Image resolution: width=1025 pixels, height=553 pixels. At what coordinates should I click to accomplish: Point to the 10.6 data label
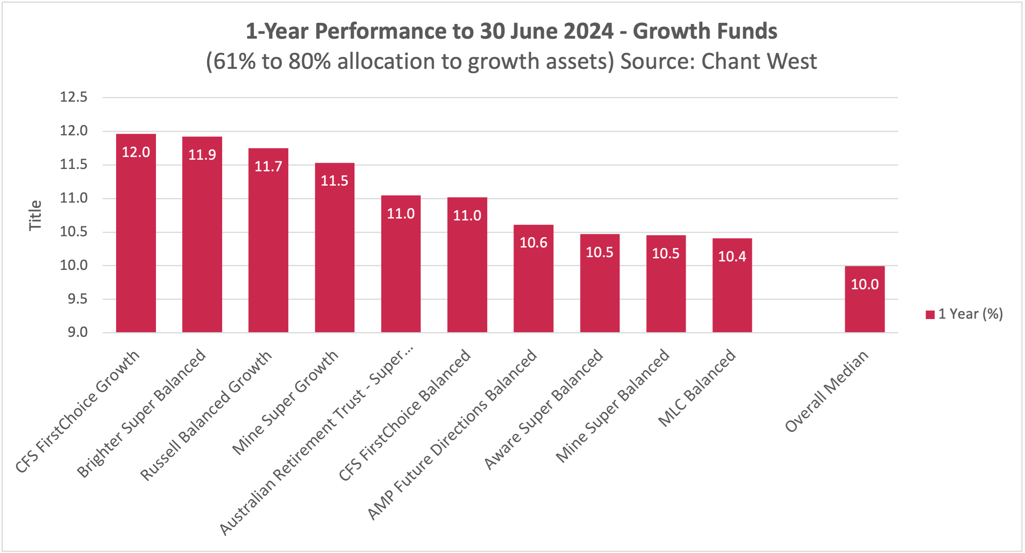[533, 242]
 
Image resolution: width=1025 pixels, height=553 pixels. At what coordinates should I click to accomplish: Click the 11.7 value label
[268, 166]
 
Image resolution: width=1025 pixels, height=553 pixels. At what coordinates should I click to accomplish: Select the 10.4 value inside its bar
[732, 256]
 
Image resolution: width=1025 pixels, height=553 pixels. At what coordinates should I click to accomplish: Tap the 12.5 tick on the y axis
[74, 97]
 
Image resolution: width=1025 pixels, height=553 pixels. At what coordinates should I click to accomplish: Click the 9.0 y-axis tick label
[77, 332]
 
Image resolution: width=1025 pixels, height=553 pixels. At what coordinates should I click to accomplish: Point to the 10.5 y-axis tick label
[74, 231]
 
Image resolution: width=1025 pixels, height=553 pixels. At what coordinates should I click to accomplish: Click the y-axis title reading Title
[35, 215]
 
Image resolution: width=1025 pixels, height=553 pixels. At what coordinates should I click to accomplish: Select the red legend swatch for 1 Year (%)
[930, 314]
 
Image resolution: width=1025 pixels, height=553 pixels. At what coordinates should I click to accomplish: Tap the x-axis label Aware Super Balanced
[544, 409]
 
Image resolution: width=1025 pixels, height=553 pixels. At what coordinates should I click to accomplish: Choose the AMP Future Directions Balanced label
[452, 434]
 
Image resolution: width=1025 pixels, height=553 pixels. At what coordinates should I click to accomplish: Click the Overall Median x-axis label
[827, 391]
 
